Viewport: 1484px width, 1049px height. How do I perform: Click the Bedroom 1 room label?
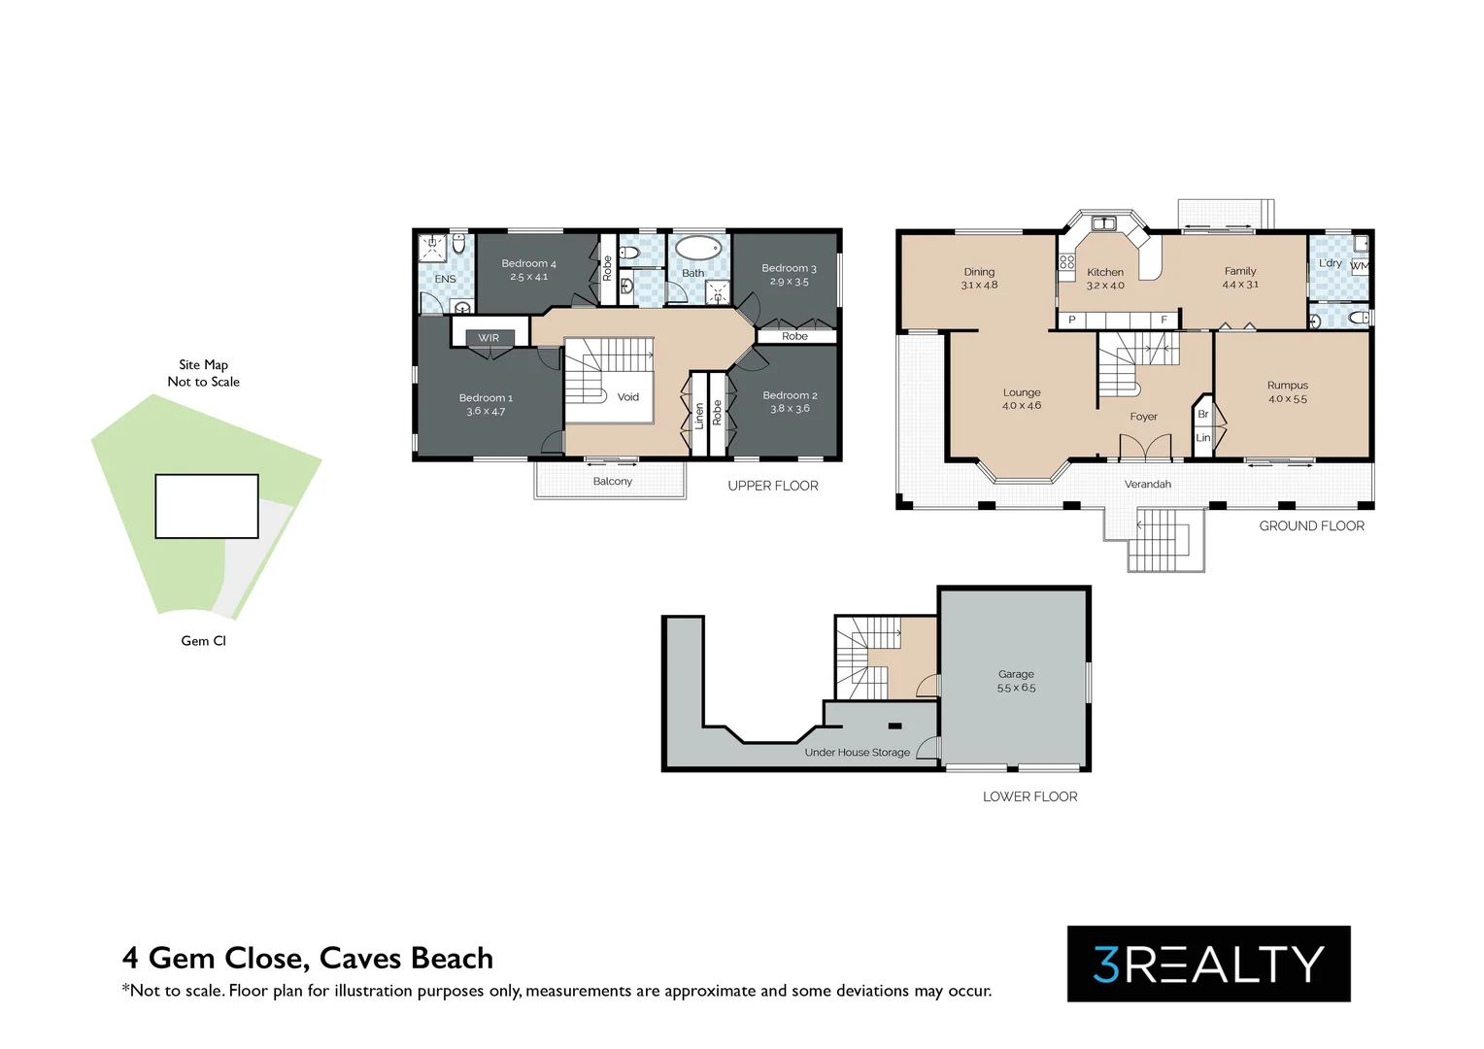click(x=486, y=404)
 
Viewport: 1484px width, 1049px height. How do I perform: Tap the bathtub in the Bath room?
click(x=697, y=250)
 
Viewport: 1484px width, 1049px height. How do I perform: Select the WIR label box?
click(x=489, y=338)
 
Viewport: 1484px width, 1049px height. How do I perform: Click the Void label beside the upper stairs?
click(x=628, y=397)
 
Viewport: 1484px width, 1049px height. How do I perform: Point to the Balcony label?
click(x=612, y=481)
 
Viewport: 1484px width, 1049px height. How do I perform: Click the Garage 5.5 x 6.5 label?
click(x=1016, y=681)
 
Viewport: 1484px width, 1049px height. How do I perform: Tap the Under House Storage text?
click(x=858, y=752)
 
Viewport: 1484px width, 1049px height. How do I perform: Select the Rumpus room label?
click(x=1288, y=391)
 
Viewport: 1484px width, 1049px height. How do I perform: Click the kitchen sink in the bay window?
click(x=1104, y=223)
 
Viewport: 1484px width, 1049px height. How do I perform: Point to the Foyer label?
click(x=1143, y=416)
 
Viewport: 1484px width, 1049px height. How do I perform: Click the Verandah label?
click(x=1147, y=484)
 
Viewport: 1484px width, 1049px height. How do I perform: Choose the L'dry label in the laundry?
click(x=1331, y=262)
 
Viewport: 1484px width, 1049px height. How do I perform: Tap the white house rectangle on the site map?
click(x=207, y=506)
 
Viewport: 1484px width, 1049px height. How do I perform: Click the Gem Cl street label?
click(x=203, y=641)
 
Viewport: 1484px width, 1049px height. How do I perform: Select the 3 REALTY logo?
click(x=1209, y=964)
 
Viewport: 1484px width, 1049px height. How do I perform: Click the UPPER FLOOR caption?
click(x=773, y=486)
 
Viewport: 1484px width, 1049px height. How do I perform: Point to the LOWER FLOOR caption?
click(x=1030, y=796)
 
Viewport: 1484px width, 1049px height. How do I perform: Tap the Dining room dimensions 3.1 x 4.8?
click(x=979, y=285)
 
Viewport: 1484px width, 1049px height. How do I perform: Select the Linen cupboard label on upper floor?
click(x=699, y=416)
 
